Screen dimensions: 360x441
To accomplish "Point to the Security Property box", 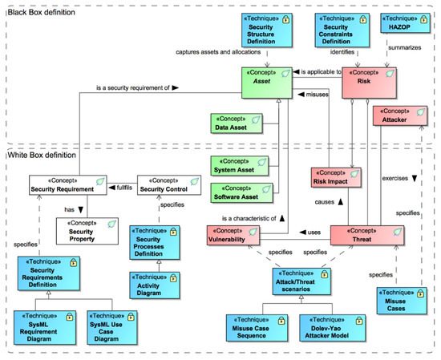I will pos(82,231).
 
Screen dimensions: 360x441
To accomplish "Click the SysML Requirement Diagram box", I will pos(39,326).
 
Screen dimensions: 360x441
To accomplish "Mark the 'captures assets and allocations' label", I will pos(220,54).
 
